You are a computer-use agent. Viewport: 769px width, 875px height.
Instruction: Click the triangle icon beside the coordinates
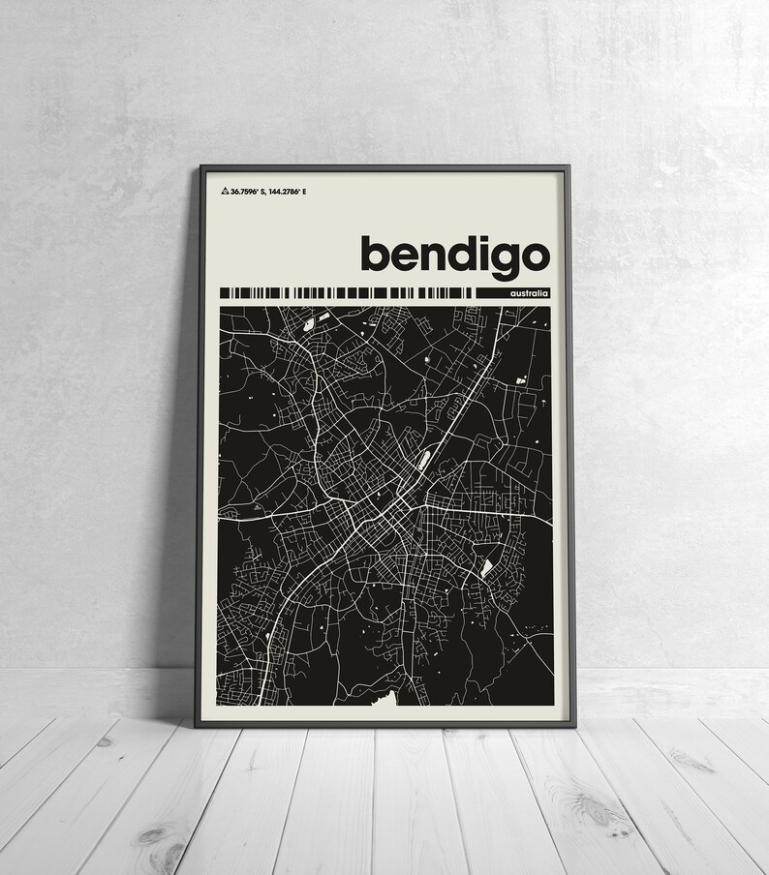pyautogui.click(x=225, y=192)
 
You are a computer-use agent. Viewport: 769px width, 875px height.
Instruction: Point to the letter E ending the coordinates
pyautogui.click(x=317, y=192)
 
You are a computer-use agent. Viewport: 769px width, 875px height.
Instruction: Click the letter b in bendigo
pyautogui.click(x=377, y=252)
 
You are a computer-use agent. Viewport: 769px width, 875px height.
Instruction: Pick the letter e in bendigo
pyautogui.click(x=408, y=256)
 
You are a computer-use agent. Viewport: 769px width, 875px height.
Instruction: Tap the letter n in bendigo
pyautogui.click(x=436, y=256)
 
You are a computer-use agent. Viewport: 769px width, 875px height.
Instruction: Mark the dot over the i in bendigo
pyautogui.click(x=488, y=238)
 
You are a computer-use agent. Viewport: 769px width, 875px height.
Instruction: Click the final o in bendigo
pyautogui.click(x=538, y=256)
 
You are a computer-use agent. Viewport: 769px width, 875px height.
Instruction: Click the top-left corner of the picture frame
pyautogui.click(x=201, y=167)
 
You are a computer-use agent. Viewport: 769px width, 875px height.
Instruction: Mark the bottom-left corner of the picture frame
pyautogui.click(x=197, y=726)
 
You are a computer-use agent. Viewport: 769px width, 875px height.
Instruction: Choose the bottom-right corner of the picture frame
pyautogui.click(x=574, y=726)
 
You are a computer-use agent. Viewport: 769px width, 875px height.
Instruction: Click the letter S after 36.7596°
pyautogui.click(x=263, y=192)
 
